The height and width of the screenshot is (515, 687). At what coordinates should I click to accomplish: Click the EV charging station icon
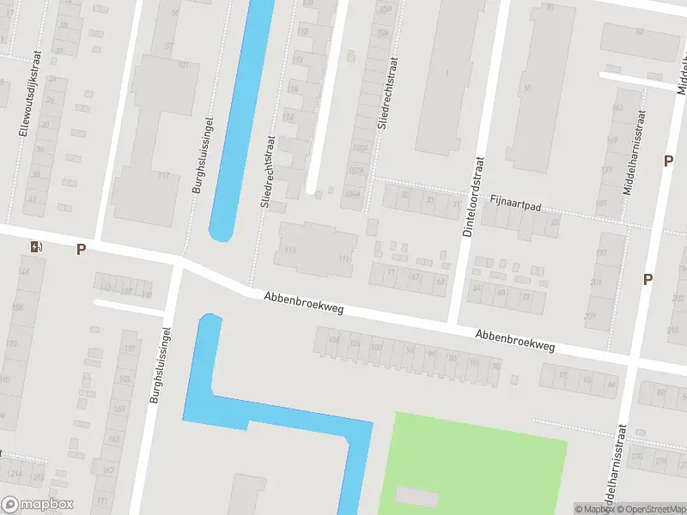35,247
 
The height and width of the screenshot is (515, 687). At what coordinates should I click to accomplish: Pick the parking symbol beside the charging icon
81,250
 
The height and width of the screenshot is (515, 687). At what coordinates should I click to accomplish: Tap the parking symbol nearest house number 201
647,279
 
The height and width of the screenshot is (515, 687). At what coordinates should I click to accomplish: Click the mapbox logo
38,505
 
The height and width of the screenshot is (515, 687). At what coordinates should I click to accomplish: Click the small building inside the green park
416,497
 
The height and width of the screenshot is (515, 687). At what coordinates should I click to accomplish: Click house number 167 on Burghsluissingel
108,470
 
